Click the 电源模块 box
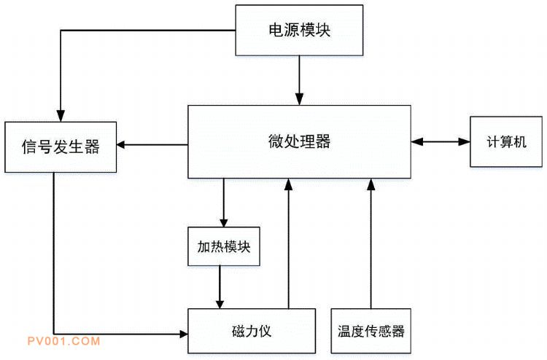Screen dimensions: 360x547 pyautogui.click(x=299, y=30)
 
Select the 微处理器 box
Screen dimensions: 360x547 pyautogui.click(x=299, y=141)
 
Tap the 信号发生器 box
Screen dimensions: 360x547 pyautogui.click(x=61, y=146)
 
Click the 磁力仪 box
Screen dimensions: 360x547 pyautogui.click(x=252, y=331)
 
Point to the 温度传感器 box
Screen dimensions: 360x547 pyautogui.click(x=371, y=331)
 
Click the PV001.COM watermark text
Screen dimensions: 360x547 pyautogui.click(x=63, y=341)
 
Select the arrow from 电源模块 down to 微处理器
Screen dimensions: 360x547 pyautogui.click(x=299, y=80)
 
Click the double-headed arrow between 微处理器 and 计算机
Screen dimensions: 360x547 pyautogui.click(x=440, y=141)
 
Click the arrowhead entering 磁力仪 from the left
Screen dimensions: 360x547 pyautogui.click(x=182, y=334)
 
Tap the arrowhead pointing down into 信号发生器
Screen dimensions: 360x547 pyautogui.click(x=61, y=114)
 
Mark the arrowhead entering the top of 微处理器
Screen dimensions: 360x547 pyautogui.click(x=299, y=100)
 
